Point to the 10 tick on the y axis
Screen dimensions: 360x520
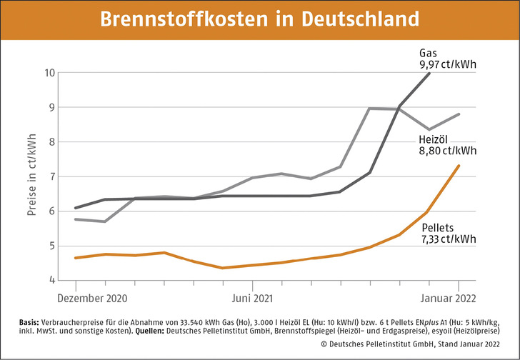click(x=49, y=73)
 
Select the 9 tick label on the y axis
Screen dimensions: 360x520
click(x=52, y=107)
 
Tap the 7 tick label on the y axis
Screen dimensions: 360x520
click(x=52, y=176)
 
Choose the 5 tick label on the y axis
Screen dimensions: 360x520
click(x=52, y=246)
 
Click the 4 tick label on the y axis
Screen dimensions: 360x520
click(x=52, y=281)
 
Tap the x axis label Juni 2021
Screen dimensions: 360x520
click(x=254, y=298)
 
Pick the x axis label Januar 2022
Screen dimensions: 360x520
click(x=447, y=298)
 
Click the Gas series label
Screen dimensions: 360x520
click(x=428, y=53)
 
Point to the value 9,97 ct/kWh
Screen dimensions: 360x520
click(x=447, y=65)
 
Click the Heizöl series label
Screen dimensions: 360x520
click(x=434, y=139)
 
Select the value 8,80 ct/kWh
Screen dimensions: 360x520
click(x=447, y=151)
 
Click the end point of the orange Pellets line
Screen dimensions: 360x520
click(x=459, y=166)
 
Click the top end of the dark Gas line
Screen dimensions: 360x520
click(x=429, y=73)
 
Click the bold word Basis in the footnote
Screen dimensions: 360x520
click(x=31, y=322)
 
